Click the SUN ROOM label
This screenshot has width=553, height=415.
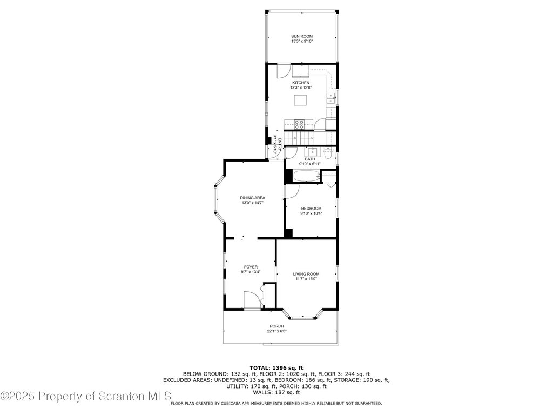tap(301, 36)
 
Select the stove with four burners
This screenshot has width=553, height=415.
tap(299, 124)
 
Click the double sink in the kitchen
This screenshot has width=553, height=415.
tap(331, 98)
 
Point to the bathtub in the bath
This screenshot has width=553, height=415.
tap(306, 176)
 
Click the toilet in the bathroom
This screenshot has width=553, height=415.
tap(328, 154)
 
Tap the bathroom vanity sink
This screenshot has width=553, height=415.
tap(313, 152)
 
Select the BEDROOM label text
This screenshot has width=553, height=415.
tap(311, 209)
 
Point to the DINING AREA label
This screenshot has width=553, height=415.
tap(253, 198)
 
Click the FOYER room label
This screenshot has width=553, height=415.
tap(251, 267)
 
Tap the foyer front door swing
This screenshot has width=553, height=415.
tap(252, 299)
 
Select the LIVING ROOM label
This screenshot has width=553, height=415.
tap(306, 274)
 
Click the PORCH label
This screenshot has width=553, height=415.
tap(276, 326)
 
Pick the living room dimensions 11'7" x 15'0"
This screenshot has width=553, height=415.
tap(306, 279)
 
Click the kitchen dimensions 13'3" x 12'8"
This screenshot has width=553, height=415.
tap(301, 88)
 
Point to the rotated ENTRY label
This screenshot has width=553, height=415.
tap(280, 145)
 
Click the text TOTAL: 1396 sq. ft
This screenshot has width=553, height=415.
tap(276, 367)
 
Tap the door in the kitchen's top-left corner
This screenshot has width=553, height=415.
tap(283, 71)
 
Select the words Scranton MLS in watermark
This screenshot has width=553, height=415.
tap(135, 396)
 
